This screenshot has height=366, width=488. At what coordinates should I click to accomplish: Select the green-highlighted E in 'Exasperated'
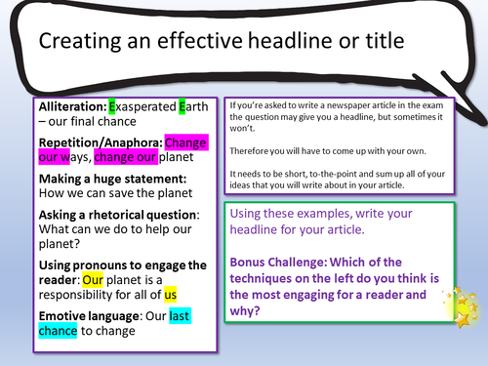pyautogui.click(x=113, y=106)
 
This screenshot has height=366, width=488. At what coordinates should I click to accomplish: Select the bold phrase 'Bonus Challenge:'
pyautogui.click(x=277, y=261)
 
